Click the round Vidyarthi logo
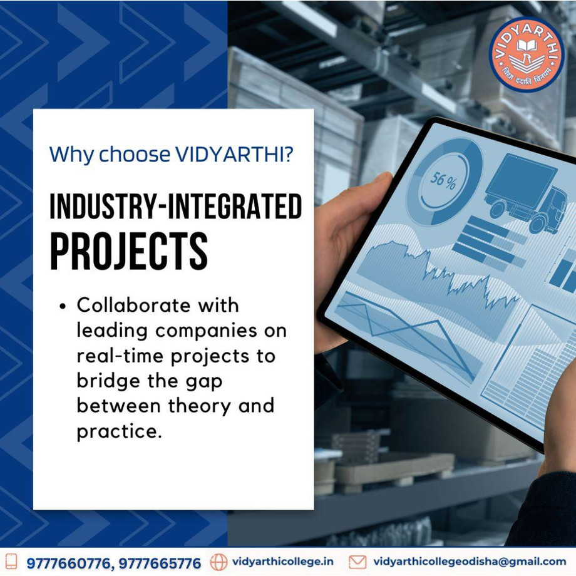(527, 54)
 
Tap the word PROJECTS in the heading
(129, 251)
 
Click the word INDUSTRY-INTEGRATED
(175, 206)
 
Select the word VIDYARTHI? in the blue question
(234, 154)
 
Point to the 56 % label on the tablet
(443, 180)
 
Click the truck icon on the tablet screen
(526, 193)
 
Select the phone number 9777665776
(160, 563)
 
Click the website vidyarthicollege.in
(283, 562)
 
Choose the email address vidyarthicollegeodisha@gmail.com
(470, 562)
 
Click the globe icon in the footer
(219, 562)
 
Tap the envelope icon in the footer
(357, 562)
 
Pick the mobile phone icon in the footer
(11, 562)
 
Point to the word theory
(200, 406)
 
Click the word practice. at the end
(120, 431)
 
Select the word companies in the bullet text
(206, 331)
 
